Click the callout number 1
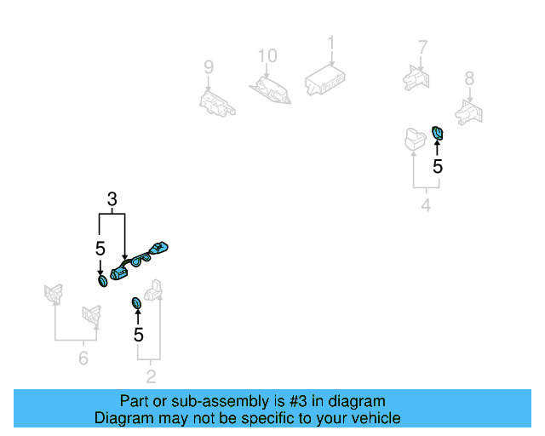click(x=332, y=42)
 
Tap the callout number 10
click(x=267, y=56)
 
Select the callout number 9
click(x=208, y=66)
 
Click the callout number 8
click(x=469, y=79)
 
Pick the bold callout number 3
click(x=112, y=200)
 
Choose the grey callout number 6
click(x=83, y=359)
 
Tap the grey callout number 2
click(x=151, y=376)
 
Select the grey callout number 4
click(x=425, y=205)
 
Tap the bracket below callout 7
click(x=416, y=77)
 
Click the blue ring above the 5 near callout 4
click(x=438, y=132)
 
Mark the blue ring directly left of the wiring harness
click(x=102, y=280)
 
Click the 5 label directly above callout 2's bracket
click(x=139, y=335)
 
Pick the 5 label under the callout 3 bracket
click(x=100, y=249)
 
